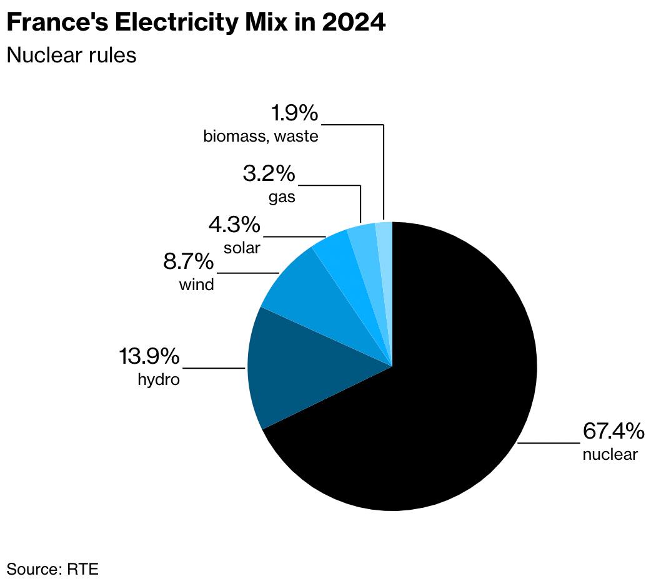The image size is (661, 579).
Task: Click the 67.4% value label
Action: click(613, 431)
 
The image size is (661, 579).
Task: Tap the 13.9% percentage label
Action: click(149, 358)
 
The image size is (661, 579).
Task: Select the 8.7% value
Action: click(188, 262)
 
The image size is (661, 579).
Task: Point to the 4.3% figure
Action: click(235, 224)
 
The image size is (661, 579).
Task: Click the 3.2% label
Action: click(269, 174)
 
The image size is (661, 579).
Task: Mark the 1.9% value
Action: click(294, 114)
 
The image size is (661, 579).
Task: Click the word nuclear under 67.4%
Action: click(610, 454)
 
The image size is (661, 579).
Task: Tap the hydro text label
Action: click(159, 379)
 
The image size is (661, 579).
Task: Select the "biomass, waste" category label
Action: click(261, 136)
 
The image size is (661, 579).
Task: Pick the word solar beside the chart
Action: click(242, 248)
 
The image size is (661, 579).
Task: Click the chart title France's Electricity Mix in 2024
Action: click(196, 23)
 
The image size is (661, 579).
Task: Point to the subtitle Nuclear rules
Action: click(71, 55)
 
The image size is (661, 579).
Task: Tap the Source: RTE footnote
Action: click(52, 568)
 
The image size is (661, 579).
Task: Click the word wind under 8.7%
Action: click(196, 285)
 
